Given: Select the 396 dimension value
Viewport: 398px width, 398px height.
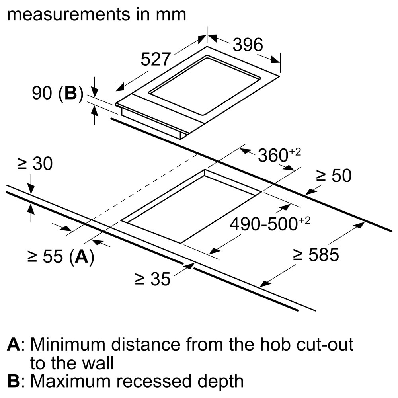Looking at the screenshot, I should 248,45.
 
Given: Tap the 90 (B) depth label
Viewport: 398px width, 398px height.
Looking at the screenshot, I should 57,94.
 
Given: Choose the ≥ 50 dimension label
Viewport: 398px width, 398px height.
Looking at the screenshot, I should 334,176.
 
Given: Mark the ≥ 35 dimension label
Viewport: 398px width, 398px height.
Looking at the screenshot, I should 152,279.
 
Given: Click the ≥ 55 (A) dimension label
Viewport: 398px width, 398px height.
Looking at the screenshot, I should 60,257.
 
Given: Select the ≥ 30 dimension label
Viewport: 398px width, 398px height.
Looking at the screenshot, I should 35,164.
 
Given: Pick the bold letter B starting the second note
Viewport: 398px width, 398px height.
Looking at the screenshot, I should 14,381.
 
